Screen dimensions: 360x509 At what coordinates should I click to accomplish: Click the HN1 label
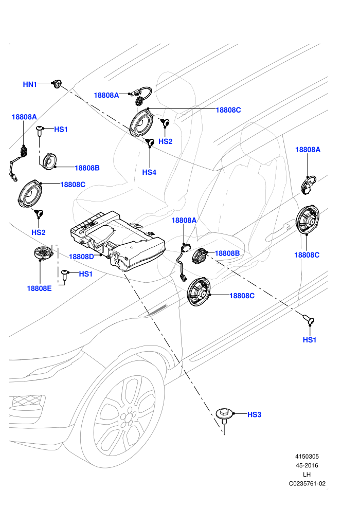click(x=29, y=84)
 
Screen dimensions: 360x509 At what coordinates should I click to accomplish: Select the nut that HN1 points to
click(x=58, y=84)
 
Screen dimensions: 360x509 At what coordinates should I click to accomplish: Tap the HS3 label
click(x=254, y=414)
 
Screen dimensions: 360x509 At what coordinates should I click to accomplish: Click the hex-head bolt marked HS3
click(x=224, y=415)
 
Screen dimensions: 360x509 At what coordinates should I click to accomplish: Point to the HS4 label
click(x=149, y=172)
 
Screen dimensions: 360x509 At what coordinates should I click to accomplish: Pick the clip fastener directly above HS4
click(x=150, y=142)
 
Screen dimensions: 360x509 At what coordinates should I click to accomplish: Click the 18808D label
click(x=81, y=257)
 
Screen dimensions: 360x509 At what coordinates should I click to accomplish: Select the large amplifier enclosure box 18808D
click(x=118, y=240)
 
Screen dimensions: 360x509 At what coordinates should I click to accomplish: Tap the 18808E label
click(x=39, y=288)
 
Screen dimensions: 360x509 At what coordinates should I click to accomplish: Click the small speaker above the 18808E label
click(x=43, y=252)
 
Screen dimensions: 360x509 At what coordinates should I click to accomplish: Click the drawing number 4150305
click(x=307, y=457)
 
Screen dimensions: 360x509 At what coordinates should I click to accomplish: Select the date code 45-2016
click(x=307, y=465)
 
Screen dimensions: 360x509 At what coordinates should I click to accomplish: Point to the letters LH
click(x=307, y=475)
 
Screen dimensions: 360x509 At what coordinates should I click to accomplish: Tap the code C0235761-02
click(x=307, y=484)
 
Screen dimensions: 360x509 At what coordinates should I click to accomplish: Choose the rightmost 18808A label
click(x=308, y=150)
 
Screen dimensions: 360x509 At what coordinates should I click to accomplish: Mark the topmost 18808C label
click(x=228, y=110)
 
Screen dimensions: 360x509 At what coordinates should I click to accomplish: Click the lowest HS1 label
click(x=310, y=340)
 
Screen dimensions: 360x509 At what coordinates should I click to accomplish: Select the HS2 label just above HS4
click(x=165, y=141)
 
